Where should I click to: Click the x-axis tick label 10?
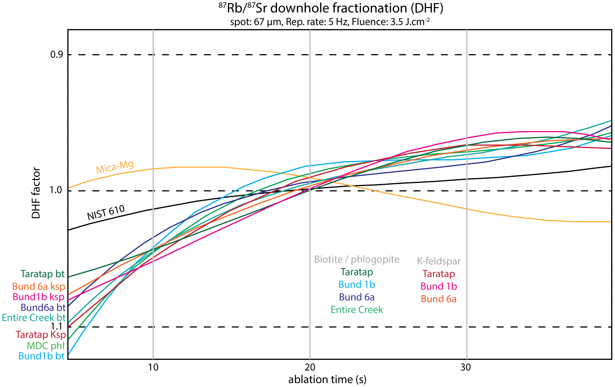153,367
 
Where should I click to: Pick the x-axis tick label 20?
310,367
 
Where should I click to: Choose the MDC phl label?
46,346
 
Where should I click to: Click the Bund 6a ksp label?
39,286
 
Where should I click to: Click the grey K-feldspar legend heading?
439,261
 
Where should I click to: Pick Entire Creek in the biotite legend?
357,310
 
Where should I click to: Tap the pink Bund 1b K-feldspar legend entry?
439,286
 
